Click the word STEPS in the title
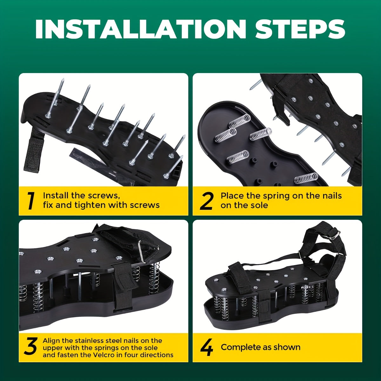296,29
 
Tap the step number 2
207,201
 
